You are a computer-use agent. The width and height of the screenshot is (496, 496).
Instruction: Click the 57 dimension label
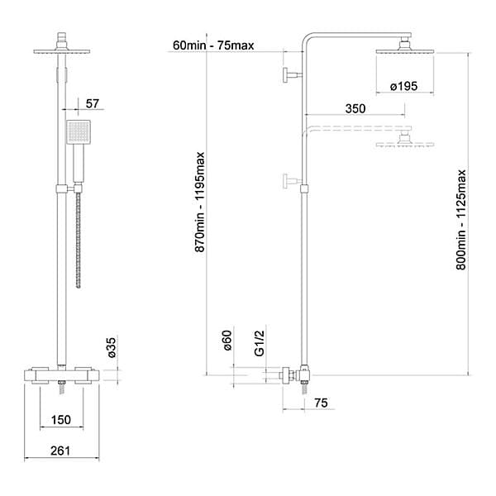click(x=93, y=103)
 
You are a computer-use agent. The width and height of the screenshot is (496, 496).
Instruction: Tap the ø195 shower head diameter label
click(x=404, y=86)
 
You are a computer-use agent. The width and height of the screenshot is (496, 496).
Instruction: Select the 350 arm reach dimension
click(x=355, y=108)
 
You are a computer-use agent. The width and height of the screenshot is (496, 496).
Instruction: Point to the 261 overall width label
click(x=60, y=451)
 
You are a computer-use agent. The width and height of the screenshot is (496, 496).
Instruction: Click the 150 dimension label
click(x=61, y=420)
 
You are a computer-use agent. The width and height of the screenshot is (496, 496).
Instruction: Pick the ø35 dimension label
click(x=112, y=348)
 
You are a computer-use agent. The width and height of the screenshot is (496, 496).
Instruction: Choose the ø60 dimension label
click(x=227, y=341)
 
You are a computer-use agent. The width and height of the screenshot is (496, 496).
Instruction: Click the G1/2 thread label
click(x=259, y=343)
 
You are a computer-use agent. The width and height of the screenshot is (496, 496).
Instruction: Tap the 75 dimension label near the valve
click(x=321, y=403)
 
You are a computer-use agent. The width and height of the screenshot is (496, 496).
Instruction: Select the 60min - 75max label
click(x=213, y=45)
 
